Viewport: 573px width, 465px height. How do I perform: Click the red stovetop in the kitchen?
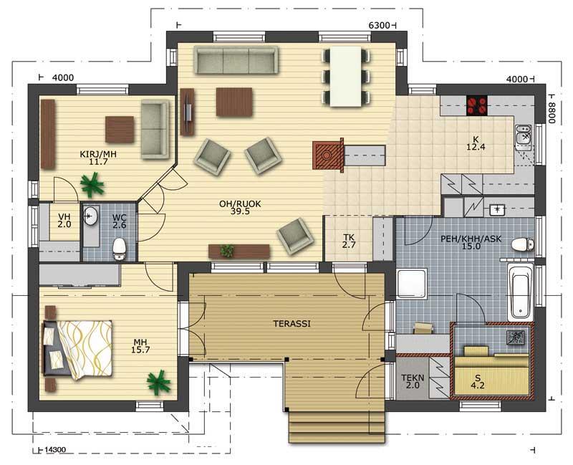click(x=477, y=105)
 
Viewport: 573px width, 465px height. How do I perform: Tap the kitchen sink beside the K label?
click(x=524, y=137)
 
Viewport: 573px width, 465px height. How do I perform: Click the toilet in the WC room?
click(x=119, y=249)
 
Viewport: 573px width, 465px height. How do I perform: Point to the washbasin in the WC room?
click(x=90, y=216)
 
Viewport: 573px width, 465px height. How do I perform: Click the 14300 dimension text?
click(x=55, y=450)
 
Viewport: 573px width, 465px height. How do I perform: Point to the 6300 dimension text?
click(x=380, y=25)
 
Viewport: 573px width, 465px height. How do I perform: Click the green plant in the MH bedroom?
click(x=158, y=383)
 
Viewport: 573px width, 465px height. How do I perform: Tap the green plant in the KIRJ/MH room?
click(x=92, y=185)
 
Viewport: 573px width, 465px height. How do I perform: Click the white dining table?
click(x=346, y=77)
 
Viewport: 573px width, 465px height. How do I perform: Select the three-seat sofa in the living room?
click(x=236, y=60)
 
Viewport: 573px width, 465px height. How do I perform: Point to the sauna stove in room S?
click(x=515, y=337)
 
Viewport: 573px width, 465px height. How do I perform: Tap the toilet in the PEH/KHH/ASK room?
click(x=523, y=245)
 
